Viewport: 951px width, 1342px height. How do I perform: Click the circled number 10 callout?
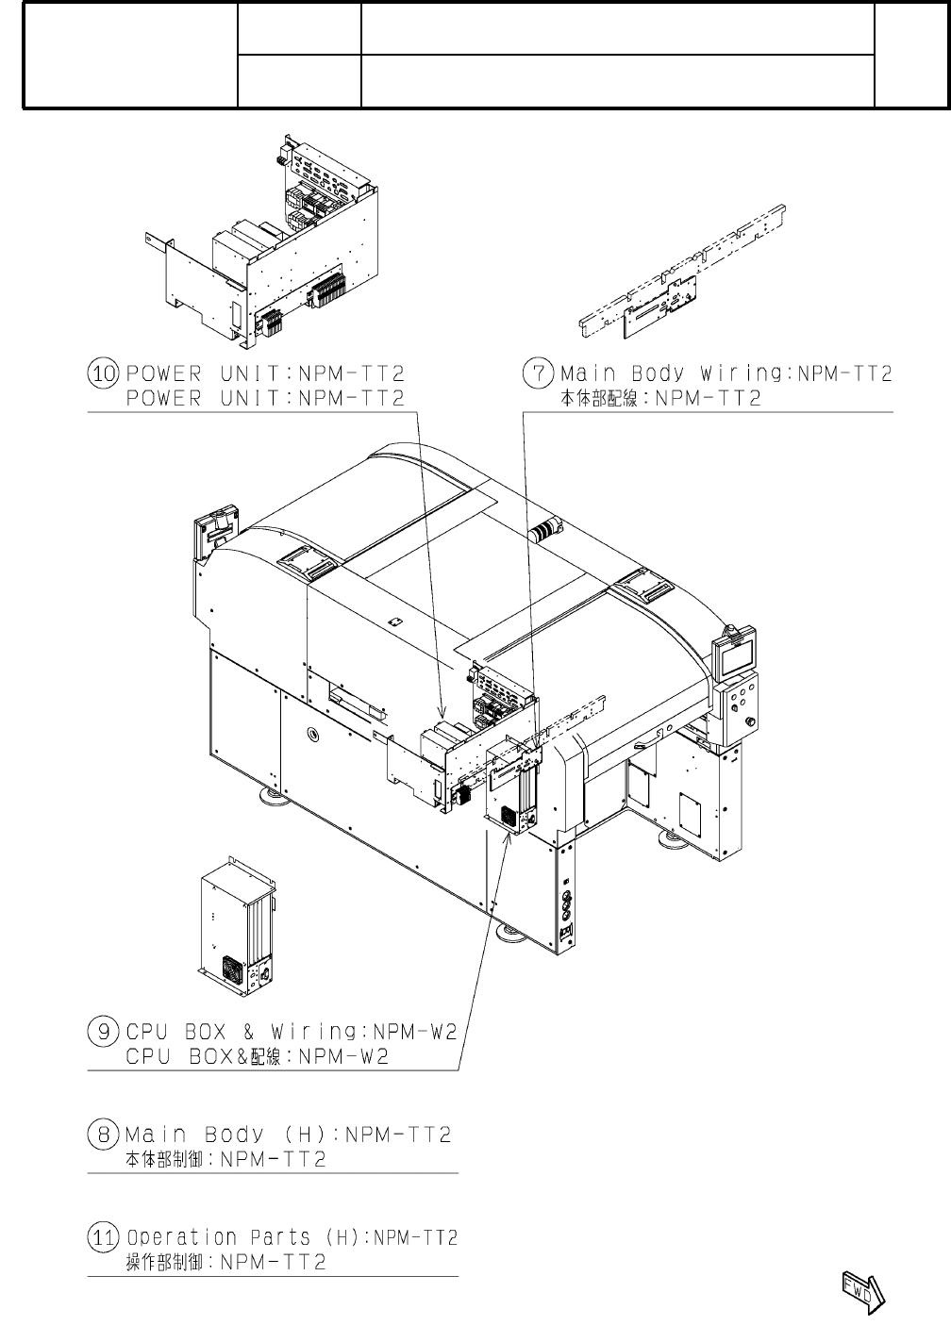coord(102,373)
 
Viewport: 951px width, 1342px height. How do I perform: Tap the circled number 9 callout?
coord(102,1031)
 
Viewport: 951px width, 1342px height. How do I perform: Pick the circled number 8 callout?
coord(102,1134)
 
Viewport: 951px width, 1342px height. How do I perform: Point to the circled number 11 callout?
coord(102,1236)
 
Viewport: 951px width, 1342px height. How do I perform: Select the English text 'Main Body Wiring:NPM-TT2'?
coord(726,373)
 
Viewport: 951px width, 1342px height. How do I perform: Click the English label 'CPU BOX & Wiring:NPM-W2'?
coord(292,1031)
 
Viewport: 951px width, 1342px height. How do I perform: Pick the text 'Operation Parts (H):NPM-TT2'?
coord(292,1236)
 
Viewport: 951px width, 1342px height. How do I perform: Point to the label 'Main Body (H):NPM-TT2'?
coord(288,1134)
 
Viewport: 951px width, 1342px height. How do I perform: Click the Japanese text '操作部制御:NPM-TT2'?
coord(226,1263)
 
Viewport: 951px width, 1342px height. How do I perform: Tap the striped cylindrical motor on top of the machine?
coord(545,531)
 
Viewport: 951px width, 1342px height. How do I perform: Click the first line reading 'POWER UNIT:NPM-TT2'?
coord(265,373)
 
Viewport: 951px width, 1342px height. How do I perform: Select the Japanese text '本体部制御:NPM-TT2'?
coord(226,1160)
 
